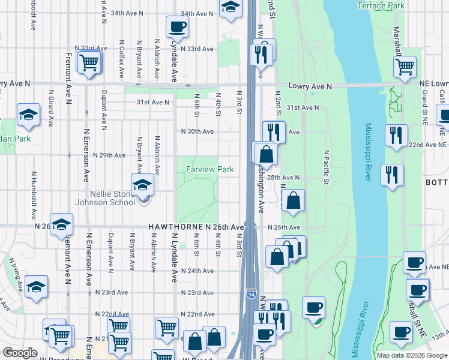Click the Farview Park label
click(x=209, y=170)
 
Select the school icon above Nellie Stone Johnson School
click(x=142, y=185)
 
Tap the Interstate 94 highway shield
click(x=250, y=294)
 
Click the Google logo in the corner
click(x=20, y=353)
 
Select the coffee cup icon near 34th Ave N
click(x=177, y=27)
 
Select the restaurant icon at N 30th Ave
click(x=273, y=131)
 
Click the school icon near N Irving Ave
click(x=37, y=286)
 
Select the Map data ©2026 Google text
click(x=411, y=355)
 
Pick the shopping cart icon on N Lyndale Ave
click(x=167, y=328)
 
